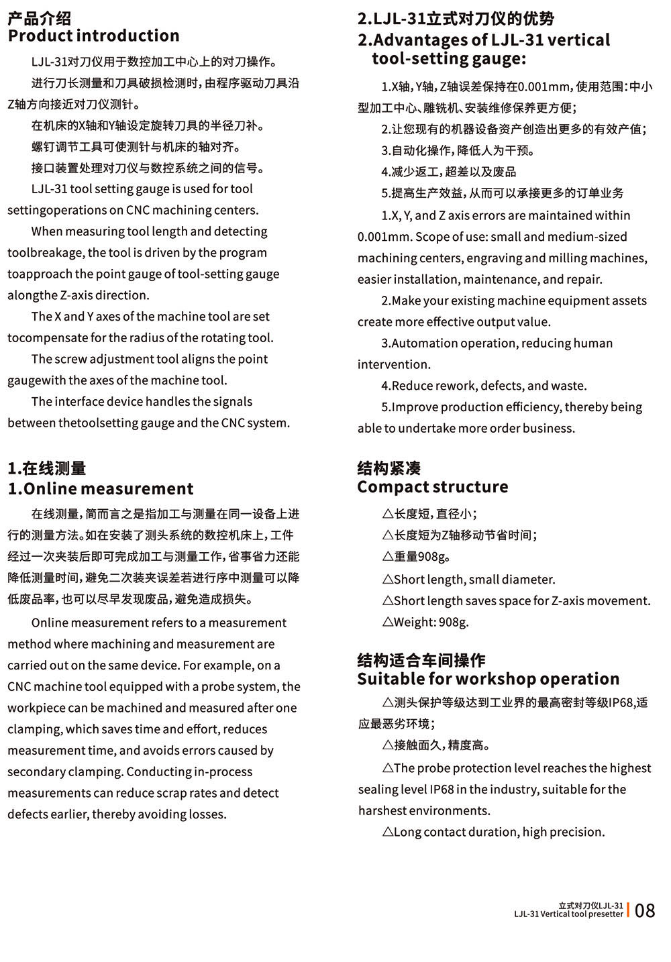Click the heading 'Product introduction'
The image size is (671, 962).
pos(93,36)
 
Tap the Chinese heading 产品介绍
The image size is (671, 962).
pos(39,18)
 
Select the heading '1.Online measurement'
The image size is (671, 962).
pos(100,488)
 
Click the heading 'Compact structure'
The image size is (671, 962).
pos(432,486)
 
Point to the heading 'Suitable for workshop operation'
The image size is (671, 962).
pos(488,679)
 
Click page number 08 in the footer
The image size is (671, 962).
pos(644,910)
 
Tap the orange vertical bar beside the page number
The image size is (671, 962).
pos(629,910)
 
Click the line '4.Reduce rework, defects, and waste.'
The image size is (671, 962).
pos(484,386)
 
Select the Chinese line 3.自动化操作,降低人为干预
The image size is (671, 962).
pos(458,150)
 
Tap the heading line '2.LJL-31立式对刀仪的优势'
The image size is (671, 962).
pos(456,18)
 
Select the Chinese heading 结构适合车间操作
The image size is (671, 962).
pos(421,660)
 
